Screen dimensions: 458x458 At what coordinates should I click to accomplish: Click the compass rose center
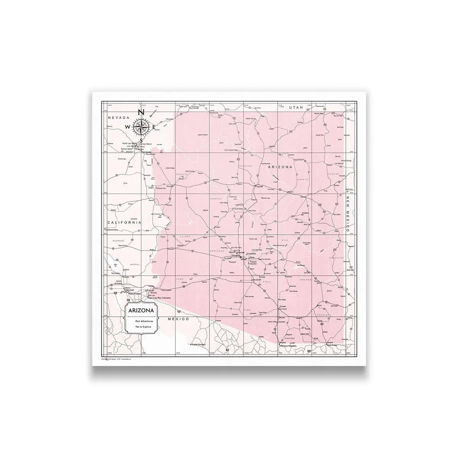click(x=140, y=127)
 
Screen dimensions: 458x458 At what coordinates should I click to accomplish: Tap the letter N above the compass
click(x=140, y=113)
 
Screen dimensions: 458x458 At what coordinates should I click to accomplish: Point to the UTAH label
click(x=296, y=108)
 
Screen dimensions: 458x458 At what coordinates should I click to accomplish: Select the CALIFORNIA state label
click(x=124, y=222)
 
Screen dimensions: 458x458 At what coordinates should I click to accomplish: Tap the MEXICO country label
click(x=179, y=318)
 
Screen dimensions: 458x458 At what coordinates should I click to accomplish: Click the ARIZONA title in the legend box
click(x=141, y=311)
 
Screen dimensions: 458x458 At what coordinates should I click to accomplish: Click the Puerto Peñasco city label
click(x=199, y=344)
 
